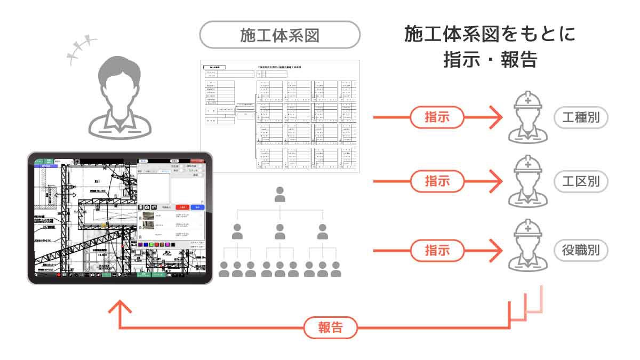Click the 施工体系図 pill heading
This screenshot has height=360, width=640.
pyautogui.click(x=279, y=35)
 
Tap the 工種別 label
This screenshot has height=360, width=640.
pyautogui.click(x=581, y=117)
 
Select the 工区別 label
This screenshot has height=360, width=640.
pyautogui.click(x=581, y=182)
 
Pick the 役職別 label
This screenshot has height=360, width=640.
pyautogui.click(x=581, y=250)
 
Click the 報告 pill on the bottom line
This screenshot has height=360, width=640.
pyautogui.click(x=331, y=327)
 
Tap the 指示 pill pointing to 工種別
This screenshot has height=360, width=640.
pyautogui.click(x=437, y=117)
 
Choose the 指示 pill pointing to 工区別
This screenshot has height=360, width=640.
pyautogui.click(x=437, y=181)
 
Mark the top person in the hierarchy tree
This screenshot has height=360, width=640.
pyautogui.click(x=279, y=195)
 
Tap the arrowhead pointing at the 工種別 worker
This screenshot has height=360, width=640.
pyautogui.click(x=498, y=117)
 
